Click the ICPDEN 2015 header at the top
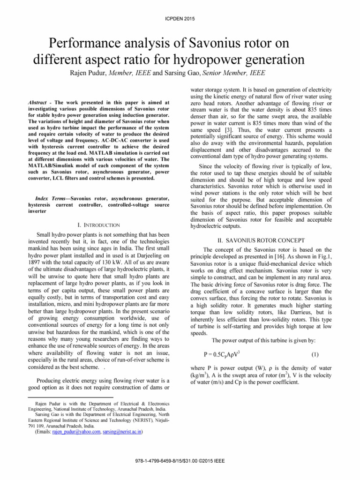point(180,18)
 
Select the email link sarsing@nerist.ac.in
point(122,432)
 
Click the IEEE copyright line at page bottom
point(180,461)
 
